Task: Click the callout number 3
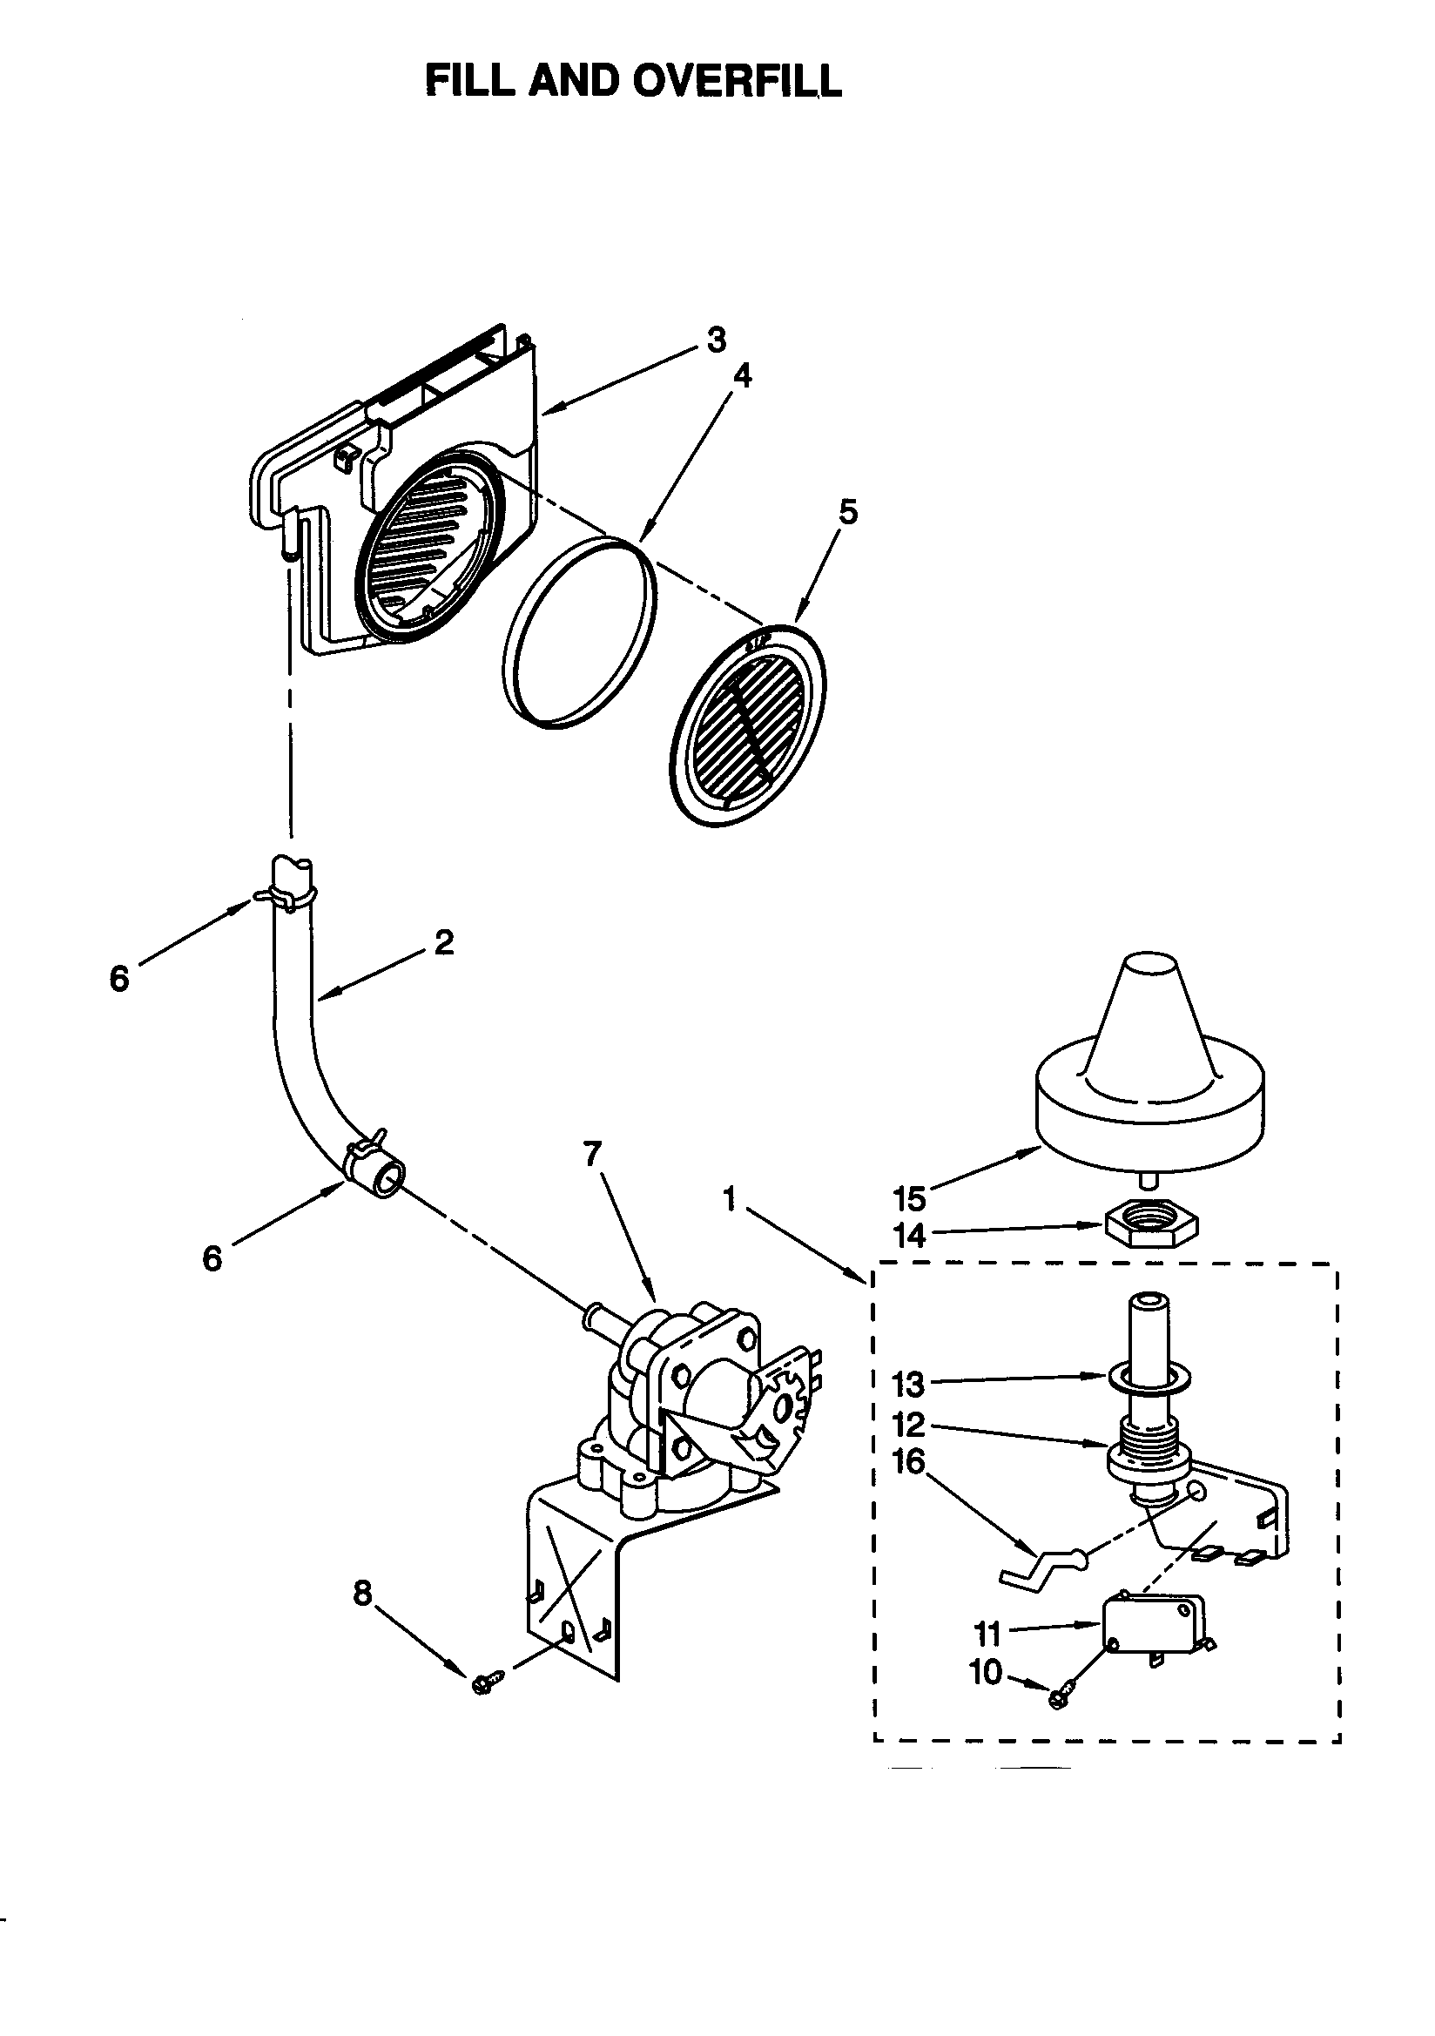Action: coord(717,340)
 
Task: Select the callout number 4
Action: coord(743,376)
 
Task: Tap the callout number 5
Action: coord(849,512)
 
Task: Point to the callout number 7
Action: coord(592,1153)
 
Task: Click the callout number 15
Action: coord(910,1198)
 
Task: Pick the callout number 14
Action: coord(910,1235)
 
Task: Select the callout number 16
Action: coord(908,1460)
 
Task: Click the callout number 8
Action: coord(363,1594)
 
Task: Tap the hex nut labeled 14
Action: coord(1152,1226)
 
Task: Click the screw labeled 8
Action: coord(487,1681)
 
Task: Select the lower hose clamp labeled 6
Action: coord(364,1153)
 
